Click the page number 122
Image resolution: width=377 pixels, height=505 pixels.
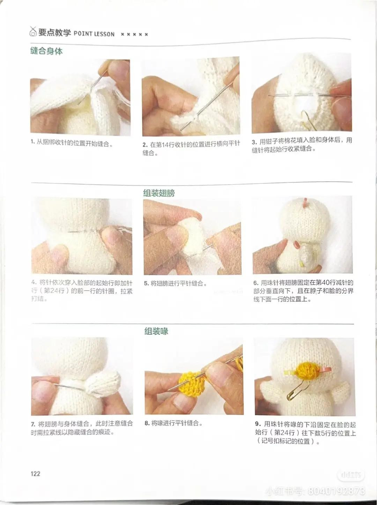pyautogui.click(x=35, y=474)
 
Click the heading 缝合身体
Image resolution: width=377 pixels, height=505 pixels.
pyautogui.click(x=46, y=51)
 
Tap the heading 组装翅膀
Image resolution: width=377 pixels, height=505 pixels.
pyautogui.click(x=159, y=193)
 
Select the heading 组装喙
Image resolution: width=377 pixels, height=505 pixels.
pyautogui.click(x=156, y=331)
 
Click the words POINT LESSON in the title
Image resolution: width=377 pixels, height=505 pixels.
pyautogui.click(x=94, y=34)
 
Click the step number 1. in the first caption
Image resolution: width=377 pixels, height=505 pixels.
pyautogui.click(x=32, y=142)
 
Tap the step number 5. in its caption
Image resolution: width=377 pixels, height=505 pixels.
pyautogui.click(x=147, y=284)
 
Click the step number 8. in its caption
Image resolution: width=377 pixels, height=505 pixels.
pyautogui.click(x=147, y=423)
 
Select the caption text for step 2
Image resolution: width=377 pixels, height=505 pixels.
pyautogui.click(x=191, y=148)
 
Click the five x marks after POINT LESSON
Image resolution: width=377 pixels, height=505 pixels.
pyautogui.click(x=134, y=35)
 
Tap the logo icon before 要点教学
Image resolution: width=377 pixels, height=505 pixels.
pyautogui.click(x=33, y=32)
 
